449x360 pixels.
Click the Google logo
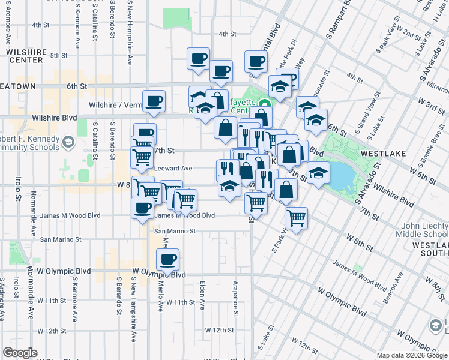point(20,353)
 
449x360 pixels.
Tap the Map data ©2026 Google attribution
point(412,355)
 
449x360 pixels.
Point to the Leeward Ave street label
point(173,169)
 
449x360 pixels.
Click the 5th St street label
point(59,55)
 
